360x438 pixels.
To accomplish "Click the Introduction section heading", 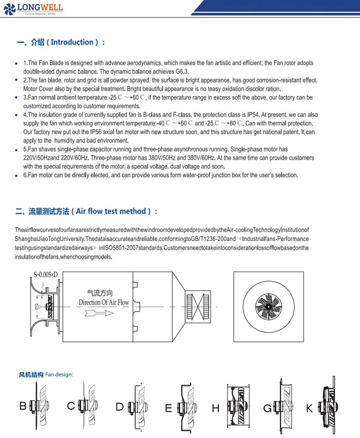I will point(60,42).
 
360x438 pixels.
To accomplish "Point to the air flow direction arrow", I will point(98,313).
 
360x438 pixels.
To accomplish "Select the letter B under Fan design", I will point(23,406).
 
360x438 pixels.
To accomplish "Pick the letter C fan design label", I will point(71,406).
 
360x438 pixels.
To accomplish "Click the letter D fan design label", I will point(120,407).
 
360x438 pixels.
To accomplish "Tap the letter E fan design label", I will point(168,408).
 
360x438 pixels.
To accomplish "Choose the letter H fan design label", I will point(216,408).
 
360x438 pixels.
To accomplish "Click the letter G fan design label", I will point(267,408).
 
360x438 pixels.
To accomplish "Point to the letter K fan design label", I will point(310,408).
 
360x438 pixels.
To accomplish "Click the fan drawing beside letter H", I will point(239,406).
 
